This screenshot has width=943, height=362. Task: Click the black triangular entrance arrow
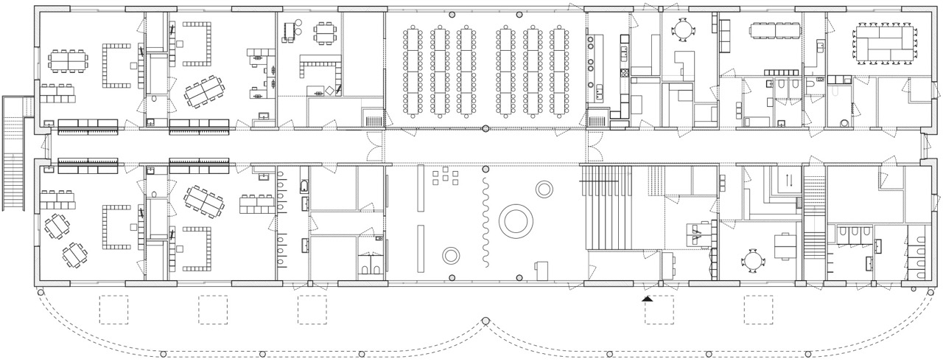click(648, 298)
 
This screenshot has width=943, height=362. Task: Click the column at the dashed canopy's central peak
click(485, 321)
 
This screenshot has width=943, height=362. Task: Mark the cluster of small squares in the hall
click(445, 178)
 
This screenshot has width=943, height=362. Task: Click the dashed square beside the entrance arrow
click(659, 310)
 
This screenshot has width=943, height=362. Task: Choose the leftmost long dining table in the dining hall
click(413, 72)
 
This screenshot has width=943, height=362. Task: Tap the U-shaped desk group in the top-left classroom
click(114, 64)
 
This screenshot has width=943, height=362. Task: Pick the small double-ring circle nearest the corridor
click(544, 189)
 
